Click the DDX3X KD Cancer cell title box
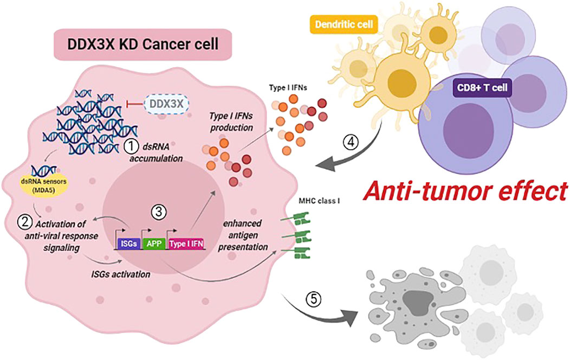(140, 44)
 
